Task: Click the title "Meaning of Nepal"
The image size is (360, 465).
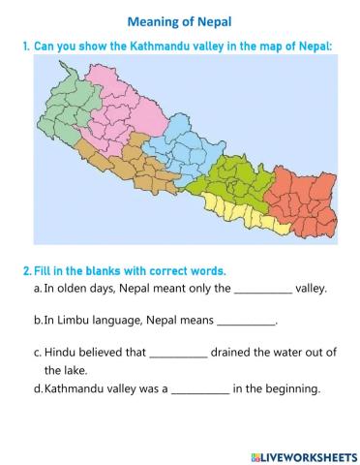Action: click(179, 21)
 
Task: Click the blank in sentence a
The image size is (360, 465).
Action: click(263, 289)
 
